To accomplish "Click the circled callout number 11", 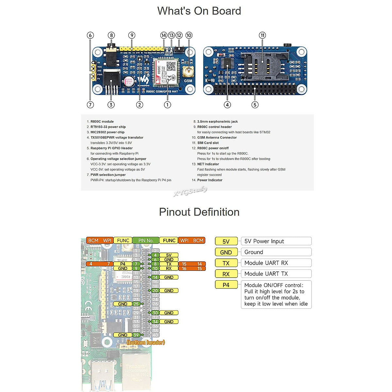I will (x=262, y=35).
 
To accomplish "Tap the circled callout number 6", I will (x=90, y=35).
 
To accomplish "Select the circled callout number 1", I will (x=167, y=105).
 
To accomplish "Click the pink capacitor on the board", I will (x=129, y=81).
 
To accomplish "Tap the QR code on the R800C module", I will (x=171, y=66).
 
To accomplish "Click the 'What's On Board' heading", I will (x=199, y=11).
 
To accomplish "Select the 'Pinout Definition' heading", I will (x=199, y=212).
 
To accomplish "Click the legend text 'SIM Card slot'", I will (x=208, y=143).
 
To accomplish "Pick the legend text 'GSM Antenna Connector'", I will (x=217, y=138).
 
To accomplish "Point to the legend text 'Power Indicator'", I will (x=209, y=180).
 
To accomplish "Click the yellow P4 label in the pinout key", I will (x=226, y=285).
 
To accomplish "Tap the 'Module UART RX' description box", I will (x=276, y=263).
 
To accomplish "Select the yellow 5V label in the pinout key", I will (x=226, y=241).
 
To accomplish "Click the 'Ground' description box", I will (x=276, y=252).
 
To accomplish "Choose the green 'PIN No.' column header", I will (x=146, y=240).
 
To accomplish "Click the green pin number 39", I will (x=136, y=335).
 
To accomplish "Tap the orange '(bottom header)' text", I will (x=146, y=342).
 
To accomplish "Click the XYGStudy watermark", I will (x=190, y=191).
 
